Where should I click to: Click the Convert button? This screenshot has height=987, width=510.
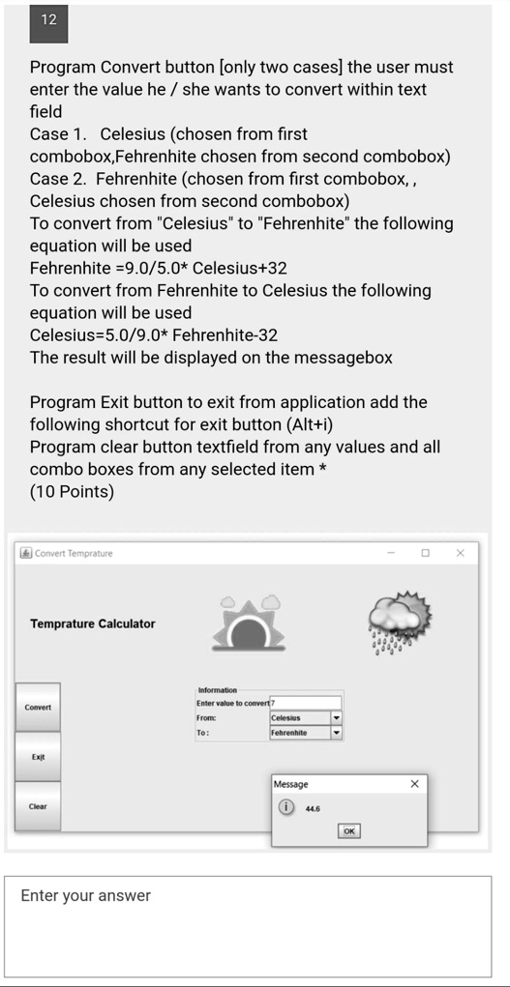pos(39,707)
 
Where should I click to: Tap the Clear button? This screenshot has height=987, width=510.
pos(39,806)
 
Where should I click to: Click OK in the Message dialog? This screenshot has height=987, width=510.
pos(349,830)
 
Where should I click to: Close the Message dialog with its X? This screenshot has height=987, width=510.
pos(415,784)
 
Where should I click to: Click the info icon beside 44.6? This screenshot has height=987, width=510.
pos(286,808)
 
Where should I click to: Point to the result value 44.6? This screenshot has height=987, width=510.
pos(313,808)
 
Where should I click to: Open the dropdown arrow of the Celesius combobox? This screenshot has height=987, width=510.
pos(336,718)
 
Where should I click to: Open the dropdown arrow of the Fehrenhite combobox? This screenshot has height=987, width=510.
pos(336,733)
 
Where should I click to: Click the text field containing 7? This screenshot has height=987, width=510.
pos(307,703)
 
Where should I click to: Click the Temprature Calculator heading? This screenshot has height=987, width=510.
pos(93,624)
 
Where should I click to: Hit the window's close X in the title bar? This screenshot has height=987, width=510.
pos(461,553)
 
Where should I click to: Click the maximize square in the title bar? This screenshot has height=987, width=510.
pos(425,553)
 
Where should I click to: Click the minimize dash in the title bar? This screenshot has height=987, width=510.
pos(392,553)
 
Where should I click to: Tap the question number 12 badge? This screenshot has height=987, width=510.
pos(49,21)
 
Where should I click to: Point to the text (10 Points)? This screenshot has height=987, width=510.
pos(72,491)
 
